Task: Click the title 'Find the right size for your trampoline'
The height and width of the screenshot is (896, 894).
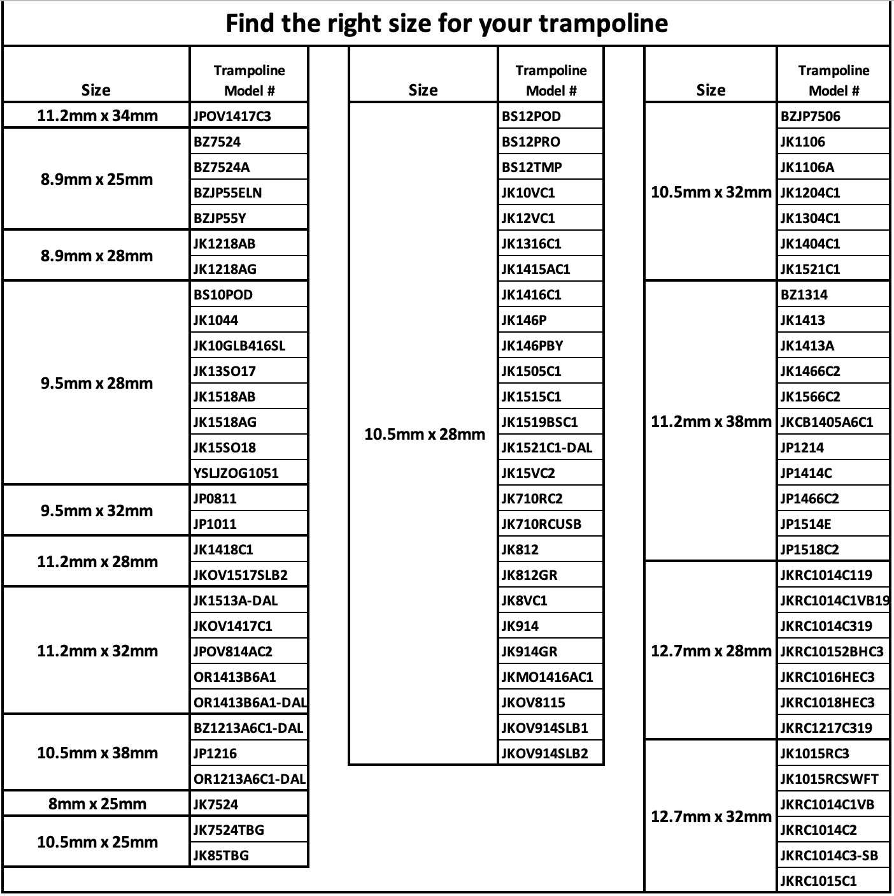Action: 446,24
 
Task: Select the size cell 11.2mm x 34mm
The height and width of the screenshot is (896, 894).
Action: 97,116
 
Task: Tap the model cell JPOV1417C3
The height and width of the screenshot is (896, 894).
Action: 232,116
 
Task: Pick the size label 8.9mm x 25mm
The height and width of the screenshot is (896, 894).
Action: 97,179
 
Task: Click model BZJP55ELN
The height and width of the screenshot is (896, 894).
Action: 227,192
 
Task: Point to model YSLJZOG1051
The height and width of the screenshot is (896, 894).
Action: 236,473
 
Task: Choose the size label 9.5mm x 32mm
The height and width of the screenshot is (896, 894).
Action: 97,510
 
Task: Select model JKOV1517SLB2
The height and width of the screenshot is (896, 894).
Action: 240,575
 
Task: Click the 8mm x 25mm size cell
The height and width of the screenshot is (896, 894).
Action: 97,804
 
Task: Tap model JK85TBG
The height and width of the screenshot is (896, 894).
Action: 221,855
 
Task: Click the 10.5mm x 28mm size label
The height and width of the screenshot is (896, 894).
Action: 424,434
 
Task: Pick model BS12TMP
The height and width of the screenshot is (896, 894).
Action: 532,167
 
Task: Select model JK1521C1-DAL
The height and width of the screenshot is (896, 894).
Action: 546,447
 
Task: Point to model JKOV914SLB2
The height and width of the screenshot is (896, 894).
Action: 544,753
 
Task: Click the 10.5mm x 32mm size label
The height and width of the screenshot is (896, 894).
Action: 711,192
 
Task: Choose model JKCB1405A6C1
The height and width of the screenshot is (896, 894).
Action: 827,422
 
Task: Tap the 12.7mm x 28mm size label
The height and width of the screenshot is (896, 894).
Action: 711,651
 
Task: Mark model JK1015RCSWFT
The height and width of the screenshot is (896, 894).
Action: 829,779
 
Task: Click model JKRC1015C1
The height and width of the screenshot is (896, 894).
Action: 818,881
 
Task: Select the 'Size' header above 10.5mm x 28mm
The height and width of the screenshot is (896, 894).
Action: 423,90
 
